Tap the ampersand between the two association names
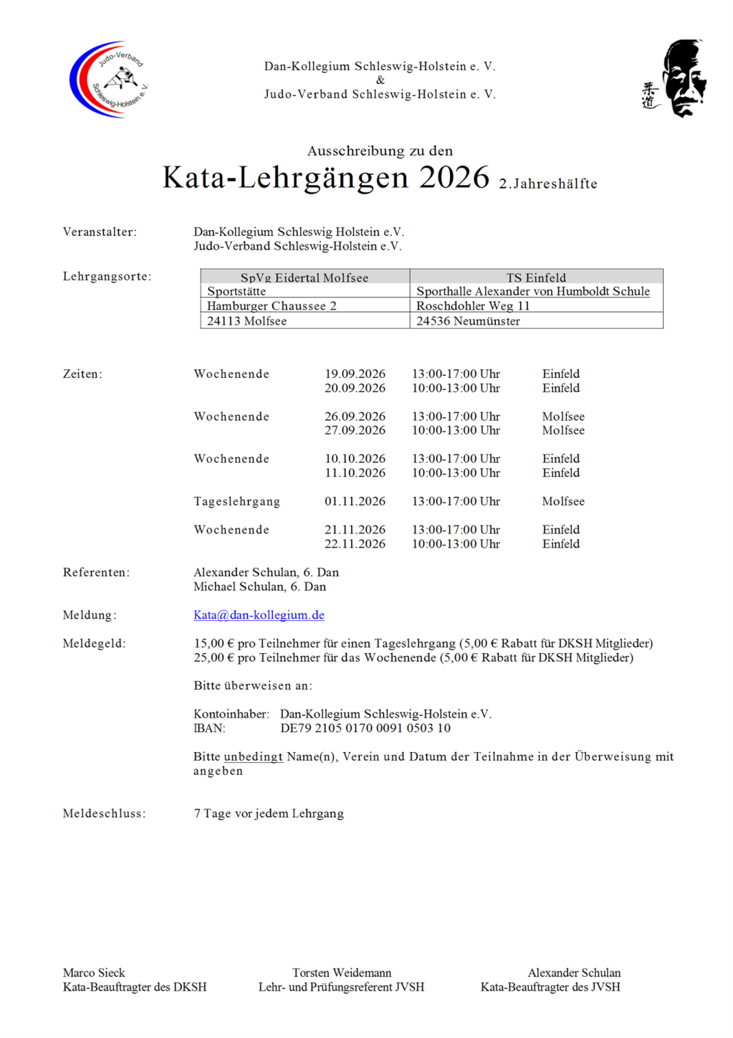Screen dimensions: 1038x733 [380, 80]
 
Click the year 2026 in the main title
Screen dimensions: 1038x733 [454, 178]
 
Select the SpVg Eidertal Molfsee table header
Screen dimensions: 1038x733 [305, 277]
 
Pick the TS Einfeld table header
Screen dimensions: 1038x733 [536, 277]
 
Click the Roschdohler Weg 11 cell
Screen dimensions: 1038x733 [473, 306]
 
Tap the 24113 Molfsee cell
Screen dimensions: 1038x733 [246, 321]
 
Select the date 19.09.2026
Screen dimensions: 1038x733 [355, 374]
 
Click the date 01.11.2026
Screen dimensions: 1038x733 [355, 502]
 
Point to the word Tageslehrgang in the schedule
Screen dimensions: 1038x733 [236, 502]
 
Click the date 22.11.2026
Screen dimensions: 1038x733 [355, 544]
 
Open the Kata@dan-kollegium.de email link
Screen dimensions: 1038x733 [259, 615]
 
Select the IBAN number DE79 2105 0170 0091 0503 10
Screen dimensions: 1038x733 [365, 728]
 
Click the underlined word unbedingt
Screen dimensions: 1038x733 [253, 757]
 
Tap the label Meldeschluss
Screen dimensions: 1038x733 [104, 814]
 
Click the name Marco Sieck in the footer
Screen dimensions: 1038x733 [94, 973]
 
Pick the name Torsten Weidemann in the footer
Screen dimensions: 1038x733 [342, 973]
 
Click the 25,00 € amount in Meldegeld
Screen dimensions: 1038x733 [214, 658]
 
